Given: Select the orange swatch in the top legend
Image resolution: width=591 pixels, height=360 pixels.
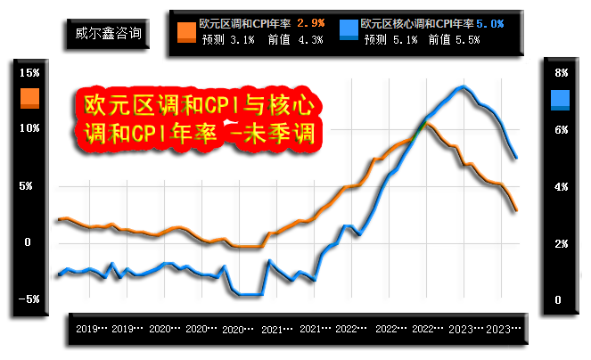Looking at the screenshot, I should click(186, 30).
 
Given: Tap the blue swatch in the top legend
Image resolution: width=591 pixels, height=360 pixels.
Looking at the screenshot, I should click(349, 30).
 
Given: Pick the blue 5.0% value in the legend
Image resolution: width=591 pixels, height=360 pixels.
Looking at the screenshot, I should click(490, 23).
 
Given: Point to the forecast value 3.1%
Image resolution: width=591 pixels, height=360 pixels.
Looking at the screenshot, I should click(242, 39).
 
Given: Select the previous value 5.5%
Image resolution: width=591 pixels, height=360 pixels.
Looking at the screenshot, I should click(467, 39).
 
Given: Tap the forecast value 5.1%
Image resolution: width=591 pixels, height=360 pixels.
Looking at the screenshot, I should click(406, 39).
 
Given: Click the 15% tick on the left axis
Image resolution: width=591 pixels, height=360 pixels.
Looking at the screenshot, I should click(29, 73).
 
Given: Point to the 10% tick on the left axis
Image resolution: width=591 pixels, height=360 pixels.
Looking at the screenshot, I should click(29, 129).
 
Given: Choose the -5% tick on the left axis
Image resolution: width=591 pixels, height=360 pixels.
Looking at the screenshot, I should click(29, 299).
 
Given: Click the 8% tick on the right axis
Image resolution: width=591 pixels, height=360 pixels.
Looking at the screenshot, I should click(562, 73).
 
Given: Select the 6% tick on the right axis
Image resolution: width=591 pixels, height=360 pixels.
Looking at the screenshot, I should click(562, 130).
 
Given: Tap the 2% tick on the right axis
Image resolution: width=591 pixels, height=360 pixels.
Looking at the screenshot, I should click(562, 244).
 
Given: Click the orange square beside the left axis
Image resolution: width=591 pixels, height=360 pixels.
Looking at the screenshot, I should click(29, 97).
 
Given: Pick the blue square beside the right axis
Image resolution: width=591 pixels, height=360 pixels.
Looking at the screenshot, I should click(561, 99).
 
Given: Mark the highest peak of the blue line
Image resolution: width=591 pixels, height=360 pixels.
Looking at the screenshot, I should click(461, 86).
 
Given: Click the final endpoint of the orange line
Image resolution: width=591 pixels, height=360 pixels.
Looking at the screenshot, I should click(516, 210).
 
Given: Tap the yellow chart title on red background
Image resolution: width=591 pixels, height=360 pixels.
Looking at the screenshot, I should click(197, 121).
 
